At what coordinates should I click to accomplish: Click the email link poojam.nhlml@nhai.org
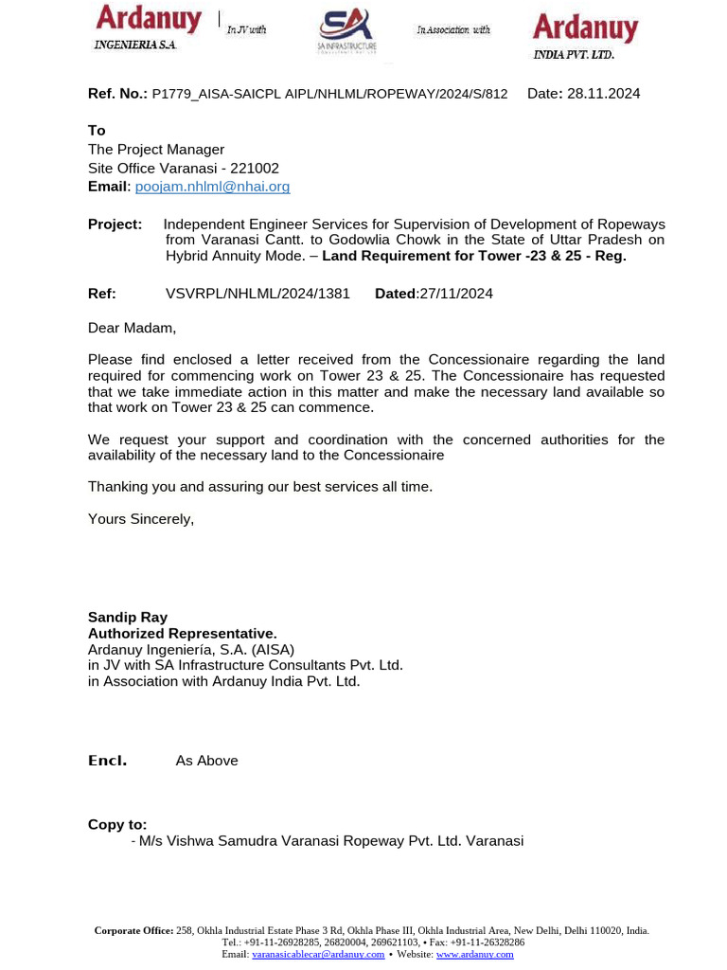(x=212, y=187)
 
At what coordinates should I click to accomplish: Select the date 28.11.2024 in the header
(x=603, y=93)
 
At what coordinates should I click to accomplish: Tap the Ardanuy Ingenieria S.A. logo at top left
(x=148, y=27)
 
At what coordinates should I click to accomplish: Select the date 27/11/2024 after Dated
(x=456, y=294)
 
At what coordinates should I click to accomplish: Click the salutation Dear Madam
(x=132, y=328)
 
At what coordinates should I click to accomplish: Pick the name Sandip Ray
(x=128, y=618)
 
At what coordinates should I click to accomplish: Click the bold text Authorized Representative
(x=183, y=633)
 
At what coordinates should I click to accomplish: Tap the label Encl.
(x=107, y=761)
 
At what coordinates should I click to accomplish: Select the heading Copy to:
(x=117, y=825)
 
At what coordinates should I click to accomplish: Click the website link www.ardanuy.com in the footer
(x=474, y=954)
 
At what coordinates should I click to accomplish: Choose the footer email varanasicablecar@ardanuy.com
(x=318, y=954)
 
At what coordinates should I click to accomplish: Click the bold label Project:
(x=115, y=225)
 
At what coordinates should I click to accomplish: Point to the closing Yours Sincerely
(x=140, y=518)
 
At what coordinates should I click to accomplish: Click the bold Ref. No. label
(x=117, y=93)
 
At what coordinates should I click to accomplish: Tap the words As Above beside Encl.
(x=206, y=761)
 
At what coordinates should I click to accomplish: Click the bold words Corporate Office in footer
(x=133, y=931)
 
